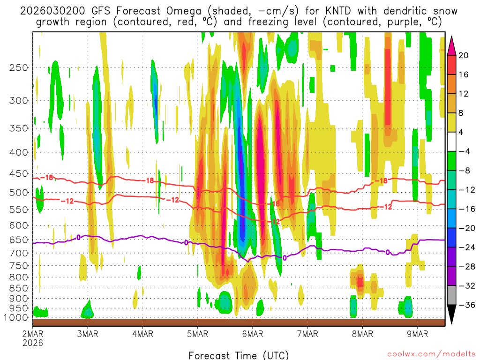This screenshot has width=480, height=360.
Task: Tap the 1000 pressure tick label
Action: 16,317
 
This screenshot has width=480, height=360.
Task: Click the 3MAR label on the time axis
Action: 87,334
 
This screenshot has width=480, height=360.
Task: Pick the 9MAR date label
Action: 418,334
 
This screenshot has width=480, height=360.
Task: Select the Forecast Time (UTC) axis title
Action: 239,355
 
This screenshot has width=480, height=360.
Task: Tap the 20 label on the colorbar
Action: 464,55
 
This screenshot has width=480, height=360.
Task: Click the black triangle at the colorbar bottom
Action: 452,315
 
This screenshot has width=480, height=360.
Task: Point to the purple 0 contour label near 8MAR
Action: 388,252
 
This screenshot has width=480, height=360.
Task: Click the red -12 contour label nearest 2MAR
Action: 69,201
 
